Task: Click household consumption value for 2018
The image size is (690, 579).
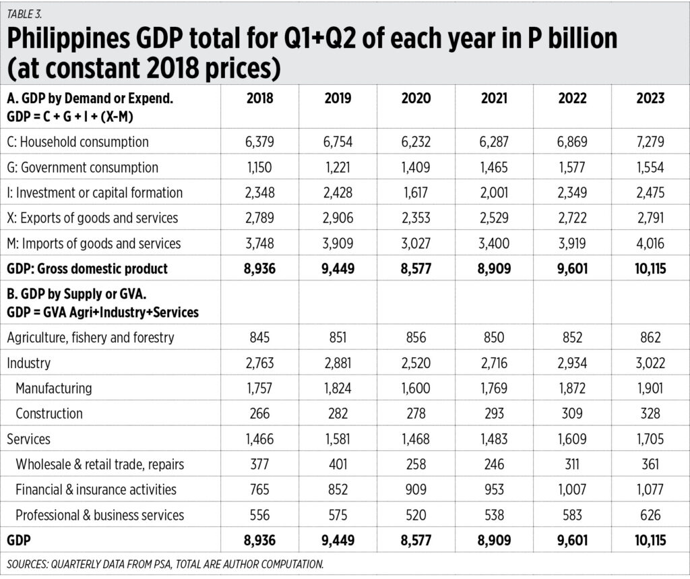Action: [259, 142]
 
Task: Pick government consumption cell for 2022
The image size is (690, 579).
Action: [571, 167]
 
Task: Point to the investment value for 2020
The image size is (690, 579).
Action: [415, 193]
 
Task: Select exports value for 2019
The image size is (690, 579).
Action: [338, 218]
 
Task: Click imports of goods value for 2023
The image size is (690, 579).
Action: [650, 243]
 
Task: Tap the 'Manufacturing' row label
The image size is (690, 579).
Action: [53, 388]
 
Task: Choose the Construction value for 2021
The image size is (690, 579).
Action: [493, 413]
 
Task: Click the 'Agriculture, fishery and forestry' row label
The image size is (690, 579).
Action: [90, 338]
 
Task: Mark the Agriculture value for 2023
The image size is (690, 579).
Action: [650, 338]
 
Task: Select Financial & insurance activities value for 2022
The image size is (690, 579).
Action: [571, 489]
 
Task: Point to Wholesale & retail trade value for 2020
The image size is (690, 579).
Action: [415, 464]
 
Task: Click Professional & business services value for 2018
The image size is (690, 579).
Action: [259, 515]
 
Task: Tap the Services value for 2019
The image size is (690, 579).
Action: [338, 439]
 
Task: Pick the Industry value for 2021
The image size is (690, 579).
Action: [493, 363]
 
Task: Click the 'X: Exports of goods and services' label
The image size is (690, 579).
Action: [92, 218]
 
